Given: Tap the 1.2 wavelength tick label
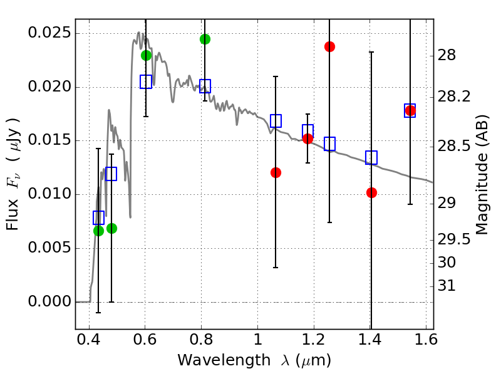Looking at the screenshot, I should [314, 341].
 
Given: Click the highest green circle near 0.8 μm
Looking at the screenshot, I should [205, 39].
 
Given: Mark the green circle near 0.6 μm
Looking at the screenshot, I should [147, 55].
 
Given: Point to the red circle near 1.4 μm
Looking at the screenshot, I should [371, 192].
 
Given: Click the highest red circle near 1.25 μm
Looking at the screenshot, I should [329, 46].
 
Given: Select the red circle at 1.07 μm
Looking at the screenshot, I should [276, 172].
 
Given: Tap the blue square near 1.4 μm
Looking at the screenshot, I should [371, 157].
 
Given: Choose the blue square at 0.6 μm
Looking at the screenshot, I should [146, 81].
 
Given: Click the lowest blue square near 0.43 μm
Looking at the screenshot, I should [98, 217].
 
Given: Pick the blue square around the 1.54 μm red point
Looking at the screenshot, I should [410, 110].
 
